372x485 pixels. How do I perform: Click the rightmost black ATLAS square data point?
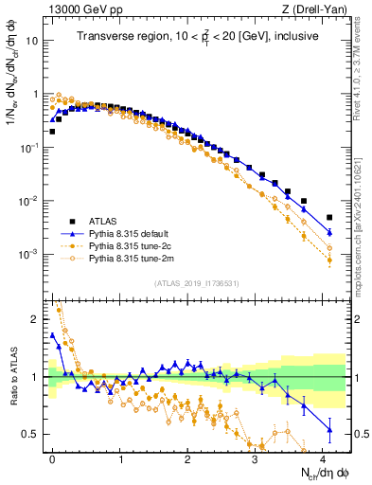329,217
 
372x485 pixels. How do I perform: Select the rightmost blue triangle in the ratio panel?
329,429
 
